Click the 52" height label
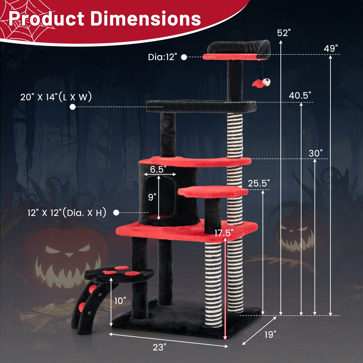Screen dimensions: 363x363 [284, 33]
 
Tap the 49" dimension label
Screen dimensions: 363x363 [331, 48]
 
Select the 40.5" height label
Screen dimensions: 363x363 [300, 95]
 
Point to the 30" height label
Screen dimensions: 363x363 [315, 153]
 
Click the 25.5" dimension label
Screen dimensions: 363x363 [258, 183]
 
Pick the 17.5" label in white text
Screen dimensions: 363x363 [224, 233]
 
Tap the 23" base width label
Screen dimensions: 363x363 [160, 347]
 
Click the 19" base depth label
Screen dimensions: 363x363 [270, 335]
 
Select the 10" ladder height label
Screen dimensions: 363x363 [120, 301]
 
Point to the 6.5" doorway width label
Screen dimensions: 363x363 [158, 170]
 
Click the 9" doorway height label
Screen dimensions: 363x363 [152, 197]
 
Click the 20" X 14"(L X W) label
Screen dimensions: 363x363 [56, 97]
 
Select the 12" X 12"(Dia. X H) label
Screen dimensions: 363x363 [67, 213]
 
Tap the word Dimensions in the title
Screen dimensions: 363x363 [145, 19]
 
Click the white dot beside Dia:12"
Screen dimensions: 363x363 [184, 57]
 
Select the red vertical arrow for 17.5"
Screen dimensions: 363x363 [225, 289]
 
